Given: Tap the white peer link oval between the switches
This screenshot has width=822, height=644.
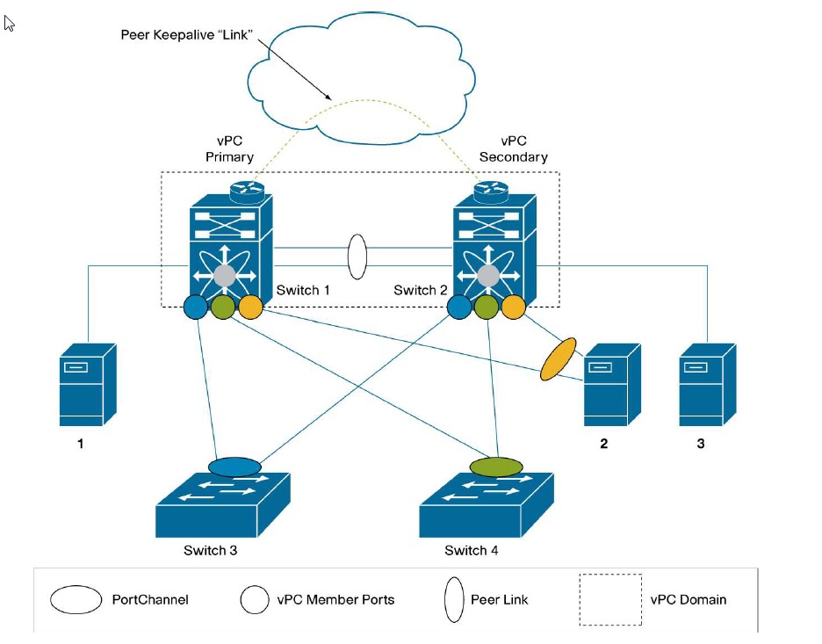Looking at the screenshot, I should [357, 257].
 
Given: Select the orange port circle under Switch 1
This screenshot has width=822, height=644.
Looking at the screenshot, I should [250, 308].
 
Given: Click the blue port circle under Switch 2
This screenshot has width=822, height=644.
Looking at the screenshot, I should [459, 307].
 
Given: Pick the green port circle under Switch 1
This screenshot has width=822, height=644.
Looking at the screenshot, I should [223, 308].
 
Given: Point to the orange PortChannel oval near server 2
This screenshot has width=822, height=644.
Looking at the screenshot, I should [557, 358].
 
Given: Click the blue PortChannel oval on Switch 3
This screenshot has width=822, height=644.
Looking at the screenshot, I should [234, 467].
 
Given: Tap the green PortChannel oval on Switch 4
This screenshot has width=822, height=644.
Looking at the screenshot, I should [497, 466].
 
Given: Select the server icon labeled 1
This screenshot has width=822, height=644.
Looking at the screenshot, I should [88, 384].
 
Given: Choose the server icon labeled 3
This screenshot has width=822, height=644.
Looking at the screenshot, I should [707, 384].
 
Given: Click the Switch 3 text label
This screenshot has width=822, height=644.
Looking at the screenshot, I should [211, 551].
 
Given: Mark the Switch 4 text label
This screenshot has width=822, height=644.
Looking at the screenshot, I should [472, 551].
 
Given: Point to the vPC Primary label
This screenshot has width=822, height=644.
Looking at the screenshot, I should [229, 148].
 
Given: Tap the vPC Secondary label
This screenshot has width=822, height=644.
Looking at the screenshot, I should [513, 148].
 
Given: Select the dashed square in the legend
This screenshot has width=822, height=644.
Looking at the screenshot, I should [610, 599].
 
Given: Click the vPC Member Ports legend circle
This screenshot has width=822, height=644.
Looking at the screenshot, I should [254, 599].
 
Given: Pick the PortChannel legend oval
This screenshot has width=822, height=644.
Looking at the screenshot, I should [76, 599].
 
